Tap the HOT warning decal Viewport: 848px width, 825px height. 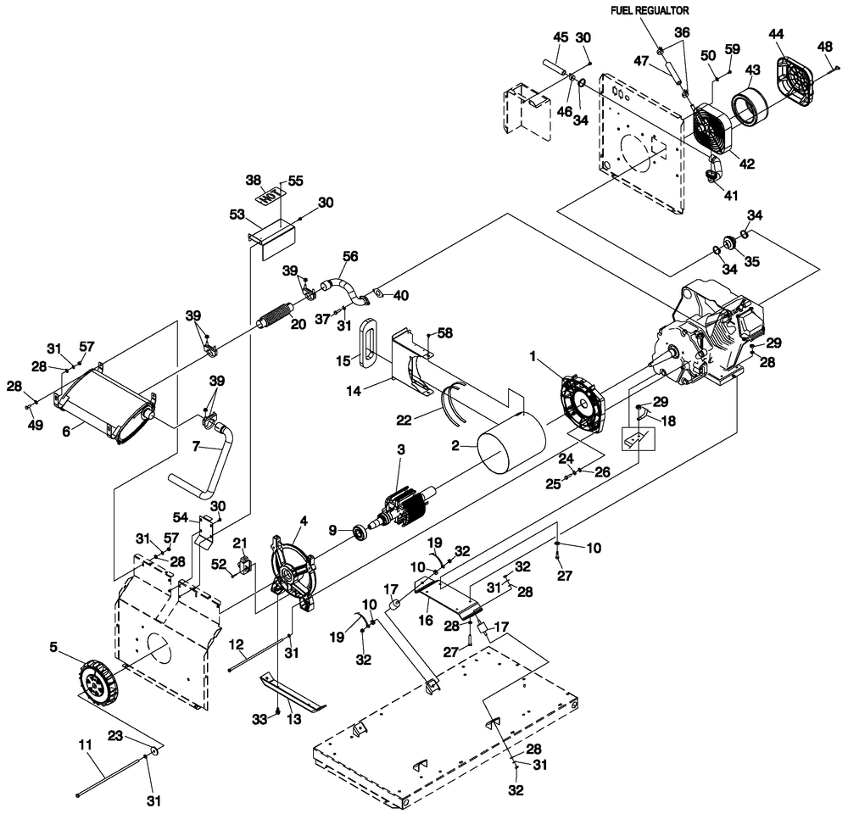click(269, 195)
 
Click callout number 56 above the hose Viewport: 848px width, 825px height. click(349, 254)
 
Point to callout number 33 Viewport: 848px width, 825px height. click(261, 718)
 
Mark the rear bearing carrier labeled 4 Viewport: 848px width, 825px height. click(292, 569)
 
